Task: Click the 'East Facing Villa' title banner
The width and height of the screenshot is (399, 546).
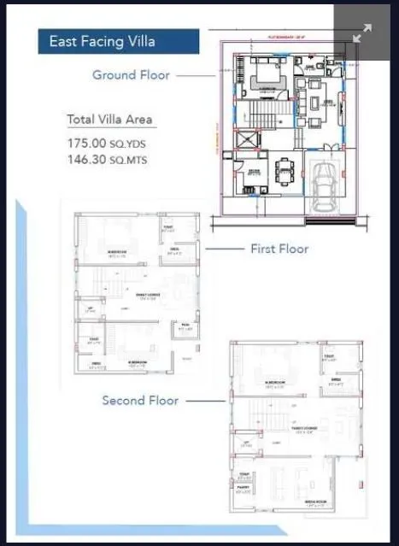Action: click(118, 41)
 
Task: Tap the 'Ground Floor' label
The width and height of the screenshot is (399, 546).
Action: click(131, 75)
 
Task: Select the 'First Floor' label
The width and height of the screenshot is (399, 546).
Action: click(279, 249)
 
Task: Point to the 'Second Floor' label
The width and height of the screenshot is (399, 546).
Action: click(142, 400)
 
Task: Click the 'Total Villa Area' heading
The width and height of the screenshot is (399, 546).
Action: click(109, 120)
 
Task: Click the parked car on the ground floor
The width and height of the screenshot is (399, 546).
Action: click(325, 185)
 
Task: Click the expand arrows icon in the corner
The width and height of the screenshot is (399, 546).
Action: click(362, 33)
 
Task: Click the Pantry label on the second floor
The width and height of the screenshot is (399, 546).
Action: click(244, 490)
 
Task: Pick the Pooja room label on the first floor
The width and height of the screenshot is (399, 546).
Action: click(185, 327)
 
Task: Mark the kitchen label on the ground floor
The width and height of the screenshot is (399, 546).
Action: click(254, 172)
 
